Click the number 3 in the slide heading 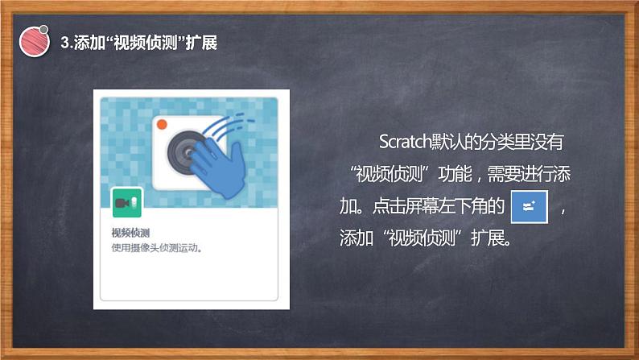pyautogui.click(x=65, y=43)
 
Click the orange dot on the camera pyautogui.click(x=162, y=124)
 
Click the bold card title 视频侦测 pyautogui.click(x=128, y=234)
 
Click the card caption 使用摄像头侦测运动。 pyautogui.click(x=156, y=248)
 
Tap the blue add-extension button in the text pyautogui.click(x=529, y=207)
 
